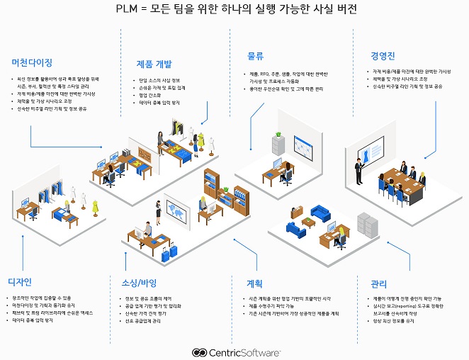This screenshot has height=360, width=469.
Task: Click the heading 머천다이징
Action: point(33,62)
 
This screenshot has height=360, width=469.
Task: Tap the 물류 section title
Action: point(256,55)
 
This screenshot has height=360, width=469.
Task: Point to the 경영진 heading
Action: point(383,55)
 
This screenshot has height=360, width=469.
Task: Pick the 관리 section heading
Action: point(378,284)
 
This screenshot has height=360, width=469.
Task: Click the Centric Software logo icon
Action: point(200,352)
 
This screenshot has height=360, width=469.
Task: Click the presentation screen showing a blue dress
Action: point(368,154)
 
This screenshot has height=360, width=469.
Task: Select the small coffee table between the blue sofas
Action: point(307,222)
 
